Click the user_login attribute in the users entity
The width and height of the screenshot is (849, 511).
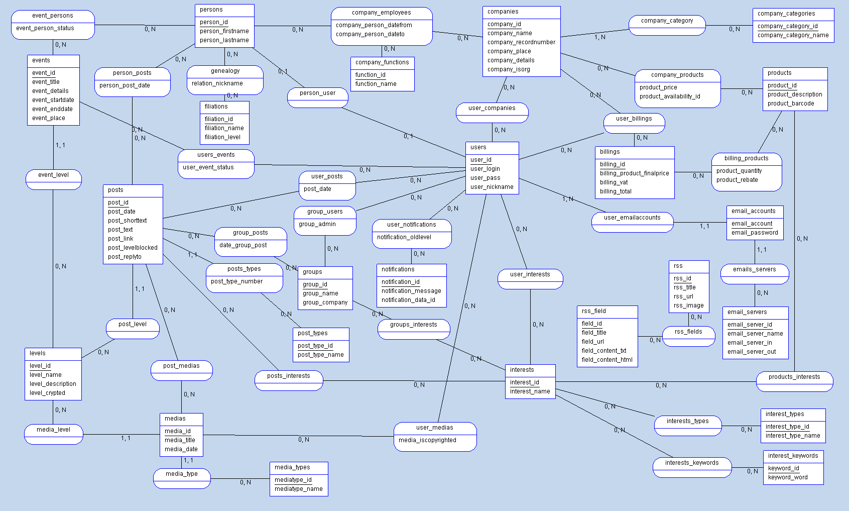[485, 169]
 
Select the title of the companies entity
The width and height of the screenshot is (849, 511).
[503, 12]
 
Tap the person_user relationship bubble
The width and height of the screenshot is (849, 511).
[317, 93]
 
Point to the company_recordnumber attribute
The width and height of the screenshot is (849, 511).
[521, 42]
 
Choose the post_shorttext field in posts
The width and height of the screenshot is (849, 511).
[127, 221]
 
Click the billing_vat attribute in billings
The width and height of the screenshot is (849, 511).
[614, 182]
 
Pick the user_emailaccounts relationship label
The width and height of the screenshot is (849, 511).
[632, 218]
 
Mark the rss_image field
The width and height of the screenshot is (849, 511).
[688, 305]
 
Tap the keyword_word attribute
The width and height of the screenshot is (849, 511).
[788, 477]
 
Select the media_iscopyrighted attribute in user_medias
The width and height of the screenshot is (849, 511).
[427, 440]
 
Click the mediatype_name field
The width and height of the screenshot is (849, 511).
[298, 489]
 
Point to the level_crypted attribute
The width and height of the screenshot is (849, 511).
[47, 393]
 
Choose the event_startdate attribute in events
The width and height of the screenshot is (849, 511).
[53, 100]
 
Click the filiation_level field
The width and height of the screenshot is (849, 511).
[222, 137]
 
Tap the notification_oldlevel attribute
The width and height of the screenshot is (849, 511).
[404, 237]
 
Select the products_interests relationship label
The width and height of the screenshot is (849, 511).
[794, 377]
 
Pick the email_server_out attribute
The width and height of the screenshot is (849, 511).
[752, 352]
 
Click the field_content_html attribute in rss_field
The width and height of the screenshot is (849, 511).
[607, 360]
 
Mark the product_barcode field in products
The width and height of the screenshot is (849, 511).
[790, 104]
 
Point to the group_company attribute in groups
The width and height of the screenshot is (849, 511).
[325, 302]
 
